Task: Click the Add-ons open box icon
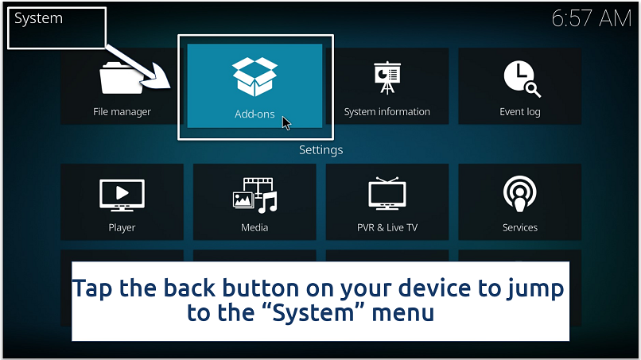[x=254, y=76]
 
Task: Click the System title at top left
[x=38, y=17]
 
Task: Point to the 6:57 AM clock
[x=590, y=19]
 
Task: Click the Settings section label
[x=320, y=149]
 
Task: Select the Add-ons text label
[x=254, y=114]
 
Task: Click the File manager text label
[x=122, y=112]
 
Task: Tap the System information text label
[x=387, y=112]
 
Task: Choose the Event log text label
[x=520, y=112]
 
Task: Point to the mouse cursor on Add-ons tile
[x=286, y=123]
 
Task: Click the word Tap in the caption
[x=98, y=288]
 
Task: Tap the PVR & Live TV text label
[x=387, y=227]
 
